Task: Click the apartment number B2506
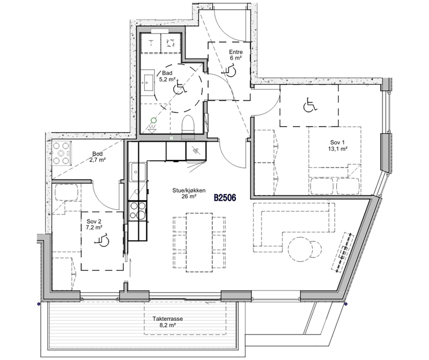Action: pyautogui.click(x=225, y=197)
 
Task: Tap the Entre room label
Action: pyautogui.click(x=235, y=55)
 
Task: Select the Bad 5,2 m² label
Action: pyautogui.click(x=167, y=76)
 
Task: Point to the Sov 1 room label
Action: pyautogui.click(x=338, y=145)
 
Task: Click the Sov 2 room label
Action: pyautogui.click(x=94, y=224)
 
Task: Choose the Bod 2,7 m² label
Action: pyautogui.click(x=98, y=157)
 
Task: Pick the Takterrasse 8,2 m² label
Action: pyautogui.click(x=168, y=322)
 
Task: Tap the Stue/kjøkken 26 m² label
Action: pyautogui.click(x=189, y=193)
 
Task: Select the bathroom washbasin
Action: pyautogui.click(x=148, y=82)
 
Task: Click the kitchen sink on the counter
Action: pyautogui.click(x=138, y=172)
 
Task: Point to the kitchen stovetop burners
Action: pyautogui.click(x=137, y=211)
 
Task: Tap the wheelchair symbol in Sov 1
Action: pyautogui.click(x=310, y=105)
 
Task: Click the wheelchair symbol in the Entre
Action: pyautogui.click(x=230, y=70)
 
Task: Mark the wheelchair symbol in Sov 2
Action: pyautogui.click(x=102, y=240)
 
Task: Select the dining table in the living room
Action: pyautogui.click(x=199, y=243)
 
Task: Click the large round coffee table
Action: pyautogui.click(x=300, y=248)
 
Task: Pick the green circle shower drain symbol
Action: pyautogui.click(x=154, y=120)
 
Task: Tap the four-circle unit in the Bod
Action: pyautogui.click(x=61, y=153)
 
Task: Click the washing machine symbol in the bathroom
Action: pyautogui.click(x=171, y=42)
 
